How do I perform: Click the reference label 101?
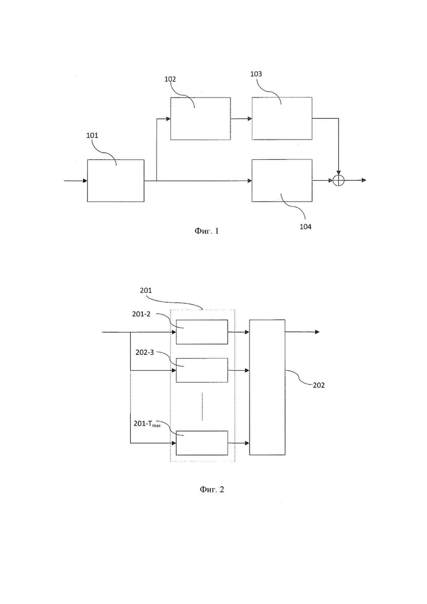[92, 136]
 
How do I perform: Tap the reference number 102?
[170, 79]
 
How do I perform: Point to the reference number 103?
[256, 74]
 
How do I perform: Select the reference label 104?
[305, 227]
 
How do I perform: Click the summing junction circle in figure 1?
[338, 180]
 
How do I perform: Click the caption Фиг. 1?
[207, 231]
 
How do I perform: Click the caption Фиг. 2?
[212, 489]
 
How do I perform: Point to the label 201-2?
[141, 314]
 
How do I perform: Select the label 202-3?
[145, 352]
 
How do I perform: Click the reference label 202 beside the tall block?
[319, 385]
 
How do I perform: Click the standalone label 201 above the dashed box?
[146, 290]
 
